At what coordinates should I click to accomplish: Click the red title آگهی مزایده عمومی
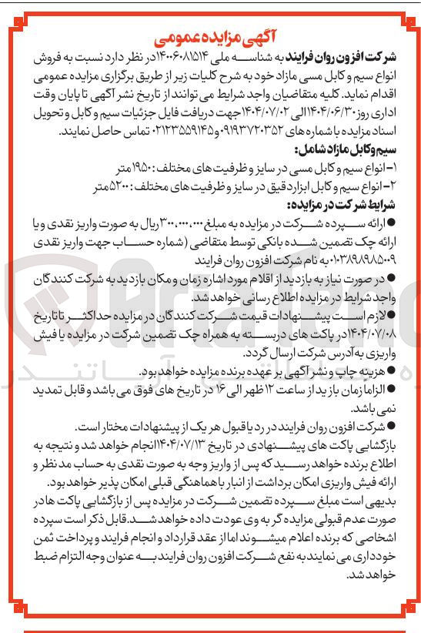(x=211, y=37)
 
